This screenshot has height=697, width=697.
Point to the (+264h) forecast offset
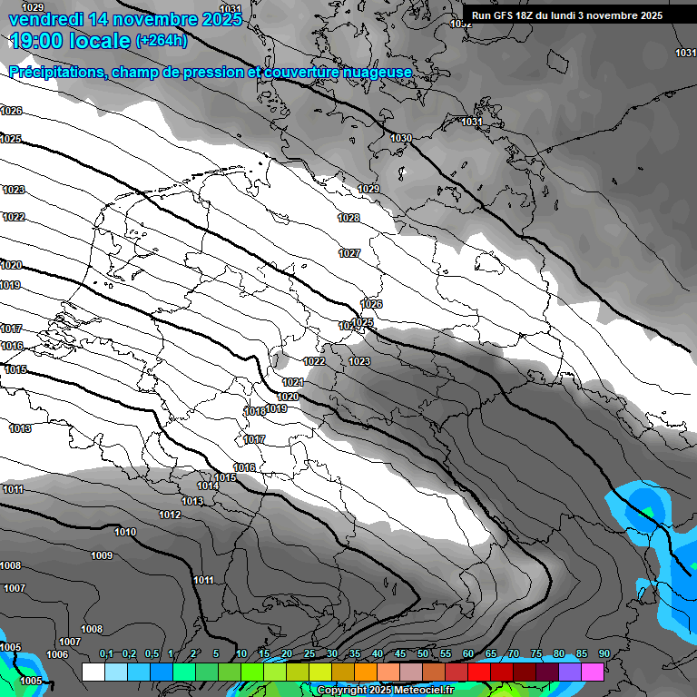[x=162, y=41]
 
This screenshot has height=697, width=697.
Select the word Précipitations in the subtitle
[x=54, y=73]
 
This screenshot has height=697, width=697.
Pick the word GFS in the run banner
[x=506, y=15]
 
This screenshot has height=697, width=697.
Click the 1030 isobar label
[x=401, y=138]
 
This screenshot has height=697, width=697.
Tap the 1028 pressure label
[x=348, y=218]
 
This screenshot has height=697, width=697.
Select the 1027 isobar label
[x=349, y=253]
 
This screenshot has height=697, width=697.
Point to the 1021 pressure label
[x=292, y=382]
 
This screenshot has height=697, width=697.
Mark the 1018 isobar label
[x=255, y=411]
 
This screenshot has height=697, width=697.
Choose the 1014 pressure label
[x=208, y=486]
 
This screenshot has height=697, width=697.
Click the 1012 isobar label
[x=170, y=515]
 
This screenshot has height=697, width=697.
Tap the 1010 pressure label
[x=125, y=532]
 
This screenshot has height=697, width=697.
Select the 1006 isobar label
[x=57, y=654]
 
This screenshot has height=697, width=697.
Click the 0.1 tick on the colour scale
[x=106, y=654]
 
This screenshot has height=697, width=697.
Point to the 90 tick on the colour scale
[x=604, y=654]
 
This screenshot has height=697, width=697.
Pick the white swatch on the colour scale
[x=93, y=672]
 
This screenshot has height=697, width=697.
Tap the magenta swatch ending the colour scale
[x=593, y=672]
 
